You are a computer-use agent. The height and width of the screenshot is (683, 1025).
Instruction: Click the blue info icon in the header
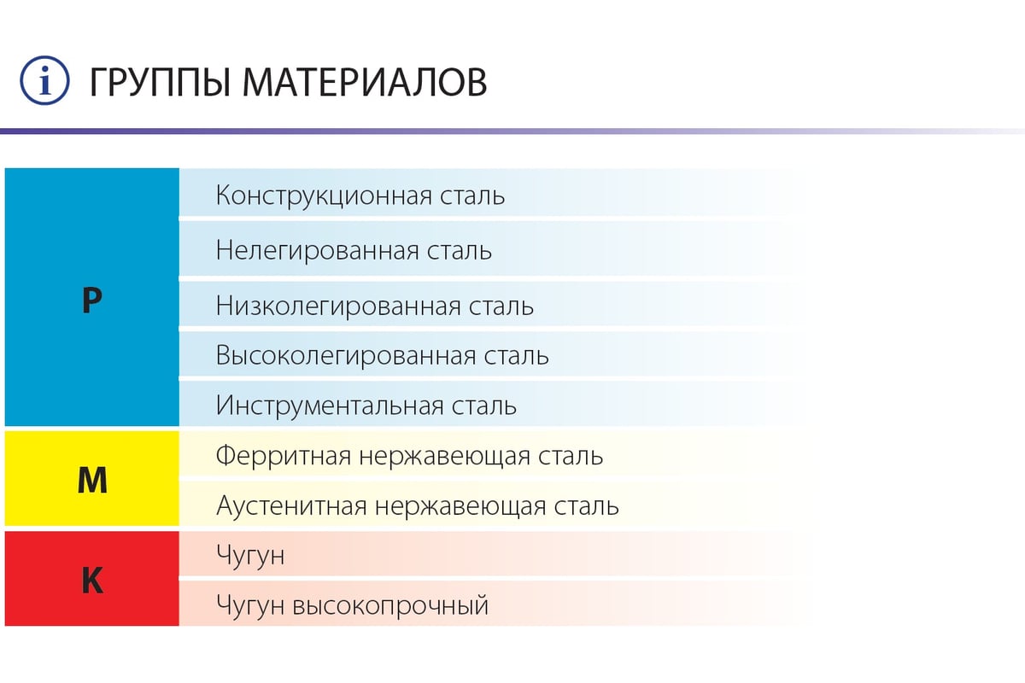click(44, 80)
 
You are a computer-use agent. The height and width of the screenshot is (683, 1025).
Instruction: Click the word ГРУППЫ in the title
click(160, 83)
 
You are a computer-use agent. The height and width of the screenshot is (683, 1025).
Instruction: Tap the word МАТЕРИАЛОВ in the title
click(365, 82)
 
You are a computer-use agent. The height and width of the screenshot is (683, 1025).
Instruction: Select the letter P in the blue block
click(92, 301)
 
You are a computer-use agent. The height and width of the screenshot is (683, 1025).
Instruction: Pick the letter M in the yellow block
click(92, 481)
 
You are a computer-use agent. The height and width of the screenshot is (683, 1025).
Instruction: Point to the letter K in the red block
click(92, 580)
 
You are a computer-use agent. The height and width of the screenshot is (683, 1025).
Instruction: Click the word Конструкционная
click(324, 196)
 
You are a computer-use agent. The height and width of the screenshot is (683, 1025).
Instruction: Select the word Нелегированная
click(318, 251)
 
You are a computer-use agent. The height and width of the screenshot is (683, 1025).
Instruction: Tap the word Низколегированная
click(338, 306)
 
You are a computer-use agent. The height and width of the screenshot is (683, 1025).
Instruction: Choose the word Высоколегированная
click(346, 355)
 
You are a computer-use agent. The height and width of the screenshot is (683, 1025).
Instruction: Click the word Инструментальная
click(330, 406)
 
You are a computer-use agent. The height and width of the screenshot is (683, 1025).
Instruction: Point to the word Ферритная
click(284, 456)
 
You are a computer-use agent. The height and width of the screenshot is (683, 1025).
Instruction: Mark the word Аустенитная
click(291, 506)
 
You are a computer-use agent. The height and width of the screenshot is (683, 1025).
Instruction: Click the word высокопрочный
click(390, 605)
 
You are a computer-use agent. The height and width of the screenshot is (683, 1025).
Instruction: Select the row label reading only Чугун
click(250, 556)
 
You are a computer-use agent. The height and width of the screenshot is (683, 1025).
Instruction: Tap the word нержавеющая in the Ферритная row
click(444, 457)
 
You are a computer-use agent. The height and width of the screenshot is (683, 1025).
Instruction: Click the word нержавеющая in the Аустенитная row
click(460, 507)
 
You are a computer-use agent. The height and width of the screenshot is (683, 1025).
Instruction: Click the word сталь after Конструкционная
click(472, 196)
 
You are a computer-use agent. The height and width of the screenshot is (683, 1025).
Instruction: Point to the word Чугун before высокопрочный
click(250, 605)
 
